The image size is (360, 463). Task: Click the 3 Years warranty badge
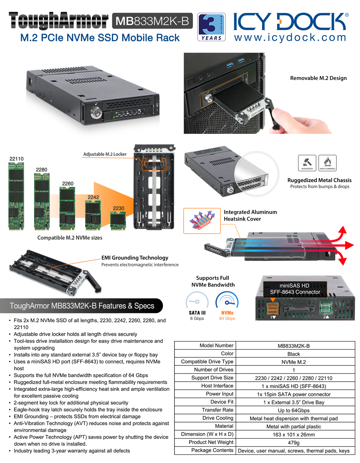211,27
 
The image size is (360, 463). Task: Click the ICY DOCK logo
291,22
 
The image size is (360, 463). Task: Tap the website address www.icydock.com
290,37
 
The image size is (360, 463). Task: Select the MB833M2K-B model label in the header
152,21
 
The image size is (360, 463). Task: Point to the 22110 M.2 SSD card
16,196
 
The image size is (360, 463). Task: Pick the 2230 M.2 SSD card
118,221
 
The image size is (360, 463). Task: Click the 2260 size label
68,183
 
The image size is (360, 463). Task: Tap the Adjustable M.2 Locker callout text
105,154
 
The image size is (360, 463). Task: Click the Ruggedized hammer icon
307,163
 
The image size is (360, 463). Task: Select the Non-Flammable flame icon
328,163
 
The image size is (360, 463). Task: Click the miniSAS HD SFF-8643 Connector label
295,289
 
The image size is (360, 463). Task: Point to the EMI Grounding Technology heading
135,258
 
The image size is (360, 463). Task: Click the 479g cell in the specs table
294,443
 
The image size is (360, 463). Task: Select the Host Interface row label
217,386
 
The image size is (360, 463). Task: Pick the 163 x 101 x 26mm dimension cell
294,434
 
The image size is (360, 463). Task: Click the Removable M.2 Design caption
318,78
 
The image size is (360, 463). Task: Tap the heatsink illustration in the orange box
202,221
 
